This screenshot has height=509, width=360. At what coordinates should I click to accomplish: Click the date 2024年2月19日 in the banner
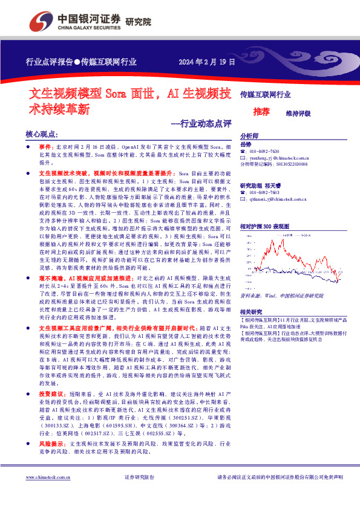tap(206, 62)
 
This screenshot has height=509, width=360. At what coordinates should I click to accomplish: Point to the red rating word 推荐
tap(261, 112)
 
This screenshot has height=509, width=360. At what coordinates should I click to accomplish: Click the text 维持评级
tap(298, 113)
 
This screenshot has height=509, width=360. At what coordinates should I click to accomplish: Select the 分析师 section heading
tap(249, 136)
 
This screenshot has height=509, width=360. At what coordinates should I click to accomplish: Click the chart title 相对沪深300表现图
tap(266, 225)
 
